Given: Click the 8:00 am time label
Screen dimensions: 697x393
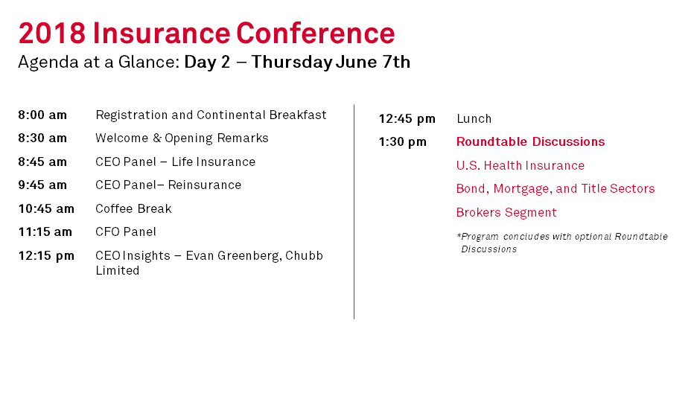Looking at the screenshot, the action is (x=42, y=115).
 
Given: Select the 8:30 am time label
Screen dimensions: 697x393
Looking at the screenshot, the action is (x=42, y=138).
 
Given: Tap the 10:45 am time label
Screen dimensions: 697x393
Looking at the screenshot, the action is (x=46, y=208).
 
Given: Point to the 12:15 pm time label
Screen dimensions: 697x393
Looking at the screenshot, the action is (x=46, y=256).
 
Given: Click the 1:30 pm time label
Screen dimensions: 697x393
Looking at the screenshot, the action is (x=403, y=142).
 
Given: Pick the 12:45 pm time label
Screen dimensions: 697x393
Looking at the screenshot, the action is (x=407, y=119).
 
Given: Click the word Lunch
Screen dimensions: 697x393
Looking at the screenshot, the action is (x=474, y=118).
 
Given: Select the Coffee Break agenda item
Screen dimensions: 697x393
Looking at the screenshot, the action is (x=133, y=208).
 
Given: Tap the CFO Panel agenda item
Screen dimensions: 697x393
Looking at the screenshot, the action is (x=126, y=231).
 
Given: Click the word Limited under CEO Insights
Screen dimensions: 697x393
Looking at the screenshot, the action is (x=118, y=270).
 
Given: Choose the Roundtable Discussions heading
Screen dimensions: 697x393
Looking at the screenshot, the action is (x=531, y=141).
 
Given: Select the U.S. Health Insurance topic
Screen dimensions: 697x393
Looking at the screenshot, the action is (x=521, y=166).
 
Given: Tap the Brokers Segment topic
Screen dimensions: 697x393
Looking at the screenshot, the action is (x=506, y=213).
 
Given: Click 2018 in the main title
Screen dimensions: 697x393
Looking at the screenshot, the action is (x=52, y=33).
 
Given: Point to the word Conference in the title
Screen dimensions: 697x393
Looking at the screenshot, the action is (x=316, y=33).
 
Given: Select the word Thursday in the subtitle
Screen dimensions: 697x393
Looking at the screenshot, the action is (x=292, y=63).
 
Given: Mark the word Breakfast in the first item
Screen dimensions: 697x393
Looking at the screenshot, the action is (x=298, y=115).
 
